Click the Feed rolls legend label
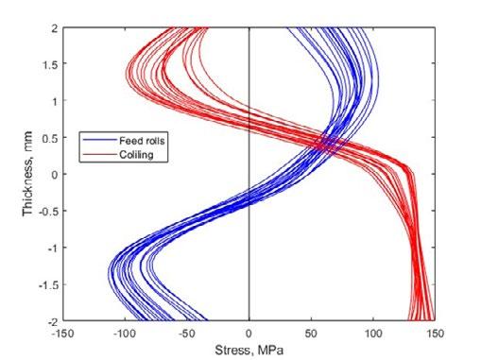142,141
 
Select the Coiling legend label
136,155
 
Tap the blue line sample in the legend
99,140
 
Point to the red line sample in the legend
99,154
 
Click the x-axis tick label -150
62,334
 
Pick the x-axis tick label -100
125,334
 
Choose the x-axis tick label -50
187,334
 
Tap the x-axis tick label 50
311,334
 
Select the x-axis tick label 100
373,334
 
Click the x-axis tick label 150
435,334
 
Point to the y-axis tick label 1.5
50,65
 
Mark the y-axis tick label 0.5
50,138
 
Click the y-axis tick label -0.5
48,212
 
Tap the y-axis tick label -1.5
48,285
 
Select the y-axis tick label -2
53,322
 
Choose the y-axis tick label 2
55,28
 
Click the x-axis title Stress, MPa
249,351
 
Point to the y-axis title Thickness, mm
27,174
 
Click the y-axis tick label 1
56,101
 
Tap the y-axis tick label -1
53,249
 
